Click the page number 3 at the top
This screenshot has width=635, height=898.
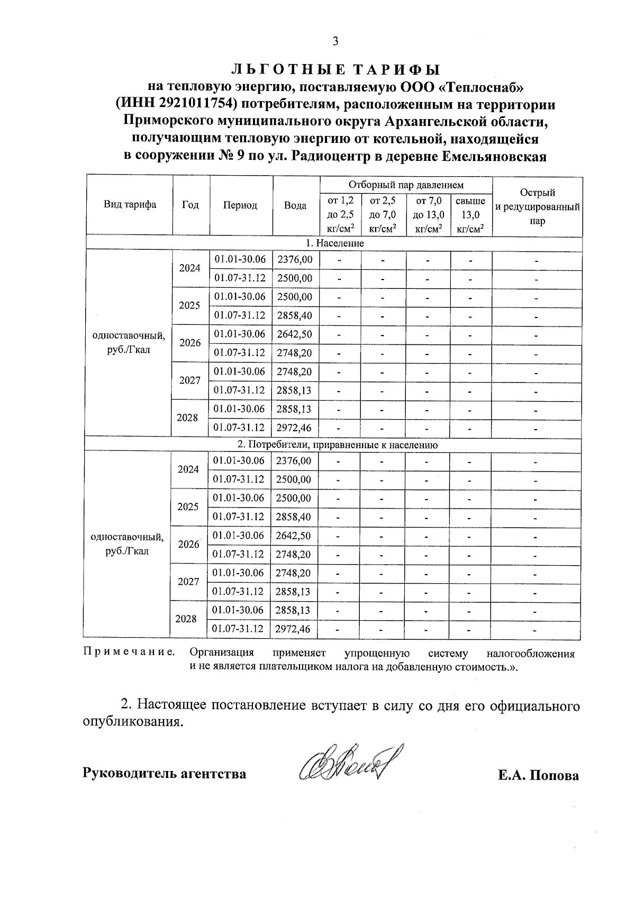(335, 42)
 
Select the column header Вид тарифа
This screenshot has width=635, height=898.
(130, 205)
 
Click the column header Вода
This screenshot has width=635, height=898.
(295, 205)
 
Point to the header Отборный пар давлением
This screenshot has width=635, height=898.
(405, 185)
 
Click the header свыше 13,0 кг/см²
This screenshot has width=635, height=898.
(470, 215)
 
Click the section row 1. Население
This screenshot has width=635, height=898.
(334, 243)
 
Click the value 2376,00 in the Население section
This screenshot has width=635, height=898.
(295, 259)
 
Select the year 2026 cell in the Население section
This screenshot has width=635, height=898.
(190, 343)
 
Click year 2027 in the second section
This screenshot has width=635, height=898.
(188, 582)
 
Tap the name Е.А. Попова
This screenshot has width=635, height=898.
(538, 776)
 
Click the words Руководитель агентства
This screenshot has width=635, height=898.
(165, 774)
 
